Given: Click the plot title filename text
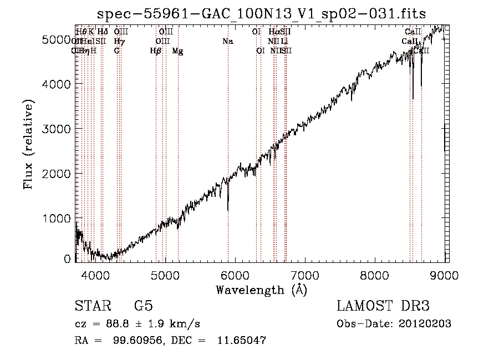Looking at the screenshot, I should pyautogui.click(x=261, y=14).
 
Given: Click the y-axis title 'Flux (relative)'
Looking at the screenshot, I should pyautogui.click(x=28, y=144).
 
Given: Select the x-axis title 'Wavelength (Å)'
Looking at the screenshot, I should pyautogui.click(x=261, y=290).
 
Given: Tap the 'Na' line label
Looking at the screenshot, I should pyautogui.click(x=227, y=41).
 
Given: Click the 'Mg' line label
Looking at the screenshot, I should pyautogui.click(x=177, y=51).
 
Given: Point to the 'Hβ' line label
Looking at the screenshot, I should pyautogui.click(x=156, y=51).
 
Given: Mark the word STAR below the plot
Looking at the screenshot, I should pyautogui.click(x=91, y=306).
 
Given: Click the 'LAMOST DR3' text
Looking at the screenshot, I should pyautogui.click(x=383, y=306).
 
